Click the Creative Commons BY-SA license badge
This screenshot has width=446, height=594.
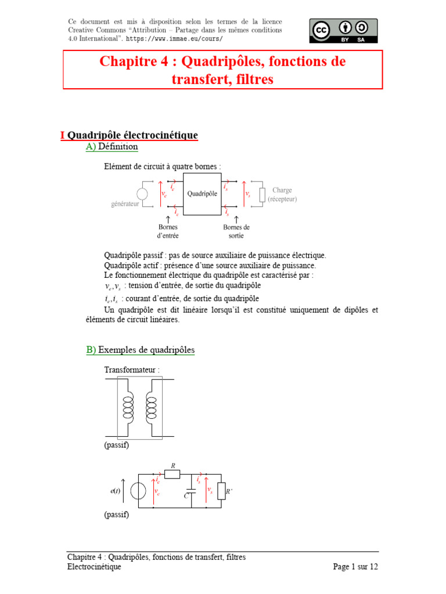343,30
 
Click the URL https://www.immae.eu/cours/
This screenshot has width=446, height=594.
174,39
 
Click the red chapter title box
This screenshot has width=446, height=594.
223,70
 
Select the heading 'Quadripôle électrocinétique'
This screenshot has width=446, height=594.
132,135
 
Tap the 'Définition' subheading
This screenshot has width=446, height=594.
118,147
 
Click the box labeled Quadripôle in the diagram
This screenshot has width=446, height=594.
202,194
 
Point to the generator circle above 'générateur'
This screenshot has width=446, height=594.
142,194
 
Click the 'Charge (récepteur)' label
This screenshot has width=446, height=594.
282,194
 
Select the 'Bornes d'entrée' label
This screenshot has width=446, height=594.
168,231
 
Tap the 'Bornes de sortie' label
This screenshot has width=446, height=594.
236,231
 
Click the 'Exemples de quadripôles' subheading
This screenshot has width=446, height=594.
146,350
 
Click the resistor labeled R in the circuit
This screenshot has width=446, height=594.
172,475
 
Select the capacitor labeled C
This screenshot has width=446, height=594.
192,492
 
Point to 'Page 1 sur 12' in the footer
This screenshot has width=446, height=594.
355,567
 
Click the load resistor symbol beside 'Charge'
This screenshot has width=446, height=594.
262,194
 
